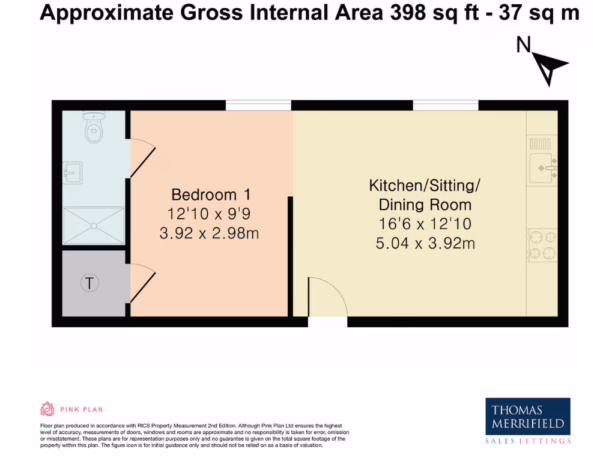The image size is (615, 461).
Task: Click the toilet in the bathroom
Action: [93, 127]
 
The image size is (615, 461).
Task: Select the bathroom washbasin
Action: [73, 173]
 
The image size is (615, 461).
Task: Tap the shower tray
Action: [93, 226]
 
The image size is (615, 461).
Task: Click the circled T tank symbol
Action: [89, 283]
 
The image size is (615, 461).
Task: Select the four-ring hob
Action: [542, 245]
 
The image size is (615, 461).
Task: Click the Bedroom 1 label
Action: [210, 194]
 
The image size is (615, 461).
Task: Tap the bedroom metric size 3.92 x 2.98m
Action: [209, 233]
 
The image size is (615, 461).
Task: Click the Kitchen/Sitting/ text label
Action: [424, 185]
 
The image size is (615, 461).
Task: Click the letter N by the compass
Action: [524, 45]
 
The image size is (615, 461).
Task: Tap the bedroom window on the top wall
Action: [258, 106]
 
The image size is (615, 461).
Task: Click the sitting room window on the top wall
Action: [445, 106]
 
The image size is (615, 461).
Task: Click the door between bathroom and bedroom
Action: [142, 157]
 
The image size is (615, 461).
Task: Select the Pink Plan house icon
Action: [47, 409]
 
